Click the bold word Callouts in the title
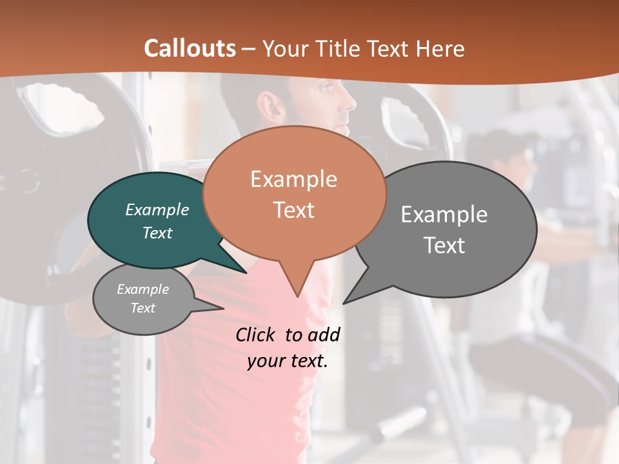click(190, 48)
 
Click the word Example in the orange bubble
click(293, 179)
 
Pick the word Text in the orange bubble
click(293, 210)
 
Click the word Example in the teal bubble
click(157, 209)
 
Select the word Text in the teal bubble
click(157, 233)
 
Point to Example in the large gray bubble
click(444, 215)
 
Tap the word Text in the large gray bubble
click(444, 246)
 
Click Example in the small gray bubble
click(142, 289)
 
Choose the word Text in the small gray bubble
click(142, 308)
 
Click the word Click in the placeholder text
click(257, 334)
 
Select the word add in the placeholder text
click(323, 334)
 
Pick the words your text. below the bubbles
click(288, 361)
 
